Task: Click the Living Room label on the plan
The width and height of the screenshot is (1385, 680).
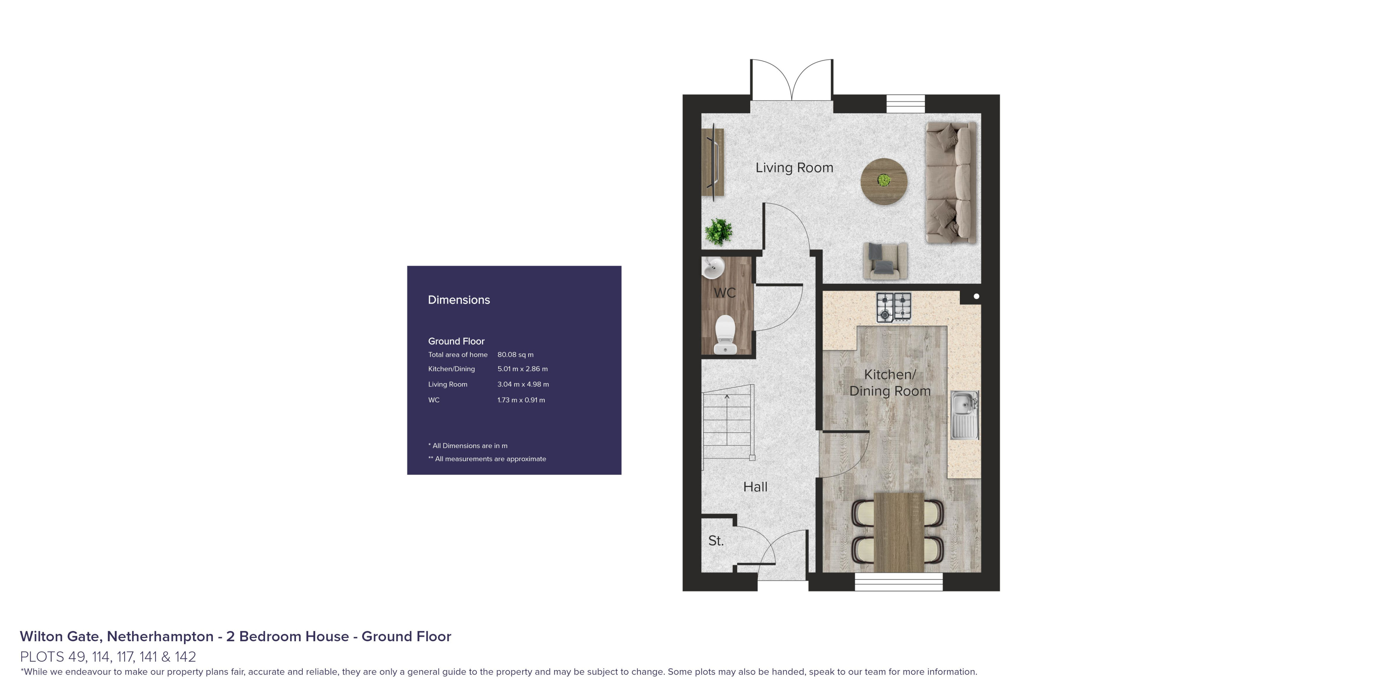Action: click(794, 168)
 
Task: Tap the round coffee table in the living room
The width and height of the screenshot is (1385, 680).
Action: click(884, 181)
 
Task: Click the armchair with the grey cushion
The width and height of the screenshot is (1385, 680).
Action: click(885, 261)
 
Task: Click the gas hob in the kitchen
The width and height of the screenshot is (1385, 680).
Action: click(894, 307)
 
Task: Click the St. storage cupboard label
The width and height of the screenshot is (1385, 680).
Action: click(716, 541)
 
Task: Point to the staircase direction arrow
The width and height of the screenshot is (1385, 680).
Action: click(727, 398)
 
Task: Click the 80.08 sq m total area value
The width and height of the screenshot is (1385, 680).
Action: click(515, 355)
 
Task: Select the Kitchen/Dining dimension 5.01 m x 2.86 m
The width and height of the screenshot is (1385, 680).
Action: click(522, 369)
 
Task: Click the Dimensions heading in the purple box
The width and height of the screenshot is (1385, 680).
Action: click(458, 300)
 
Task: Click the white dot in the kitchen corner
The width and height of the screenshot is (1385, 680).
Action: click(976, 296)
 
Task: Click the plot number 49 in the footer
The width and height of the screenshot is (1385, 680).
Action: click(77, 656)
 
